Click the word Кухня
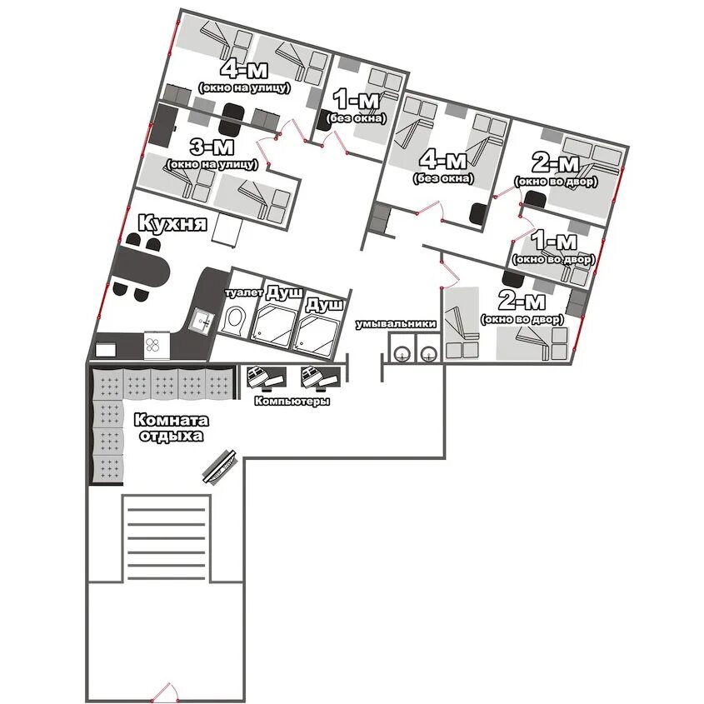coord(172,222)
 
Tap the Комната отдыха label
coord(171,428)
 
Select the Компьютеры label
coord(292,401)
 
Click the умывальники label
coord(396,324)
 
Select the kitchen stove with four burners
coord(152,345)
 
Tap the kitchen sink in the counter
coord(203,320)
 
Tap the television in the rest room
coord(220,466)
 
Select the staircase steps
coord(166,538)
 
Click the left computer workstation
coord(266,377)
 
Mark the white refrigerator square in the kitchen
coord(227,230)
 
